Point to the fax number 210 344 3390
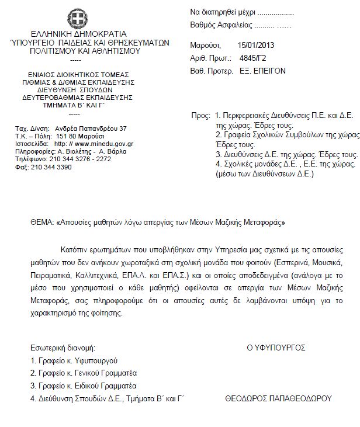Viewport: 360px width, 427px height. click(52, 166)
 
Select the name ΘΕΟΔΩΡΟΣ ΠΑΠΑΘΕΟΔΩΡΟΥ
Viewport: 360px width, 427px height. click(278, 398)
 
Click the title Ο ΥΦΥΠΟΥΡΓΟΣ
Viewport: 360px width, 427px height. click(276, 347)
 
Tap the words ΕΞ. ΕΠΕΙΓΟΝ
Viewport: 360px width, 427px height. click(263, 71)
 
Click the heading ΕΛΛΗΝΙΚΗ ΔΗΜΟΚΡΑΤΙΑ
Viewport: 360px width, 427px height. click(75, 34)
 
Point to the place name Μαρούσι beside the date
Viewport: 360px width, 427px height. click(205, 45)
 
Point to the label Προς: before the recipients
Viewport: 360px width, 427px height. click(201, 116)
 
